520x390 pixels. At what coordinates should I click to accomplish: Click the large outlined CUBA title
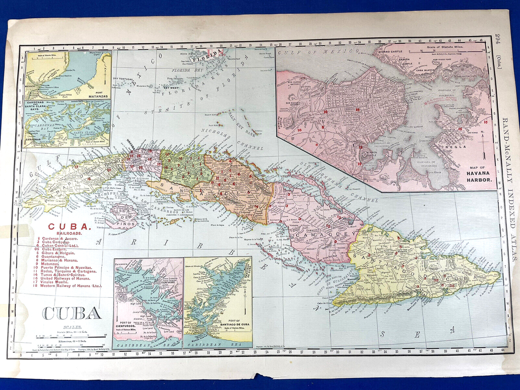click(71, 313)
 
